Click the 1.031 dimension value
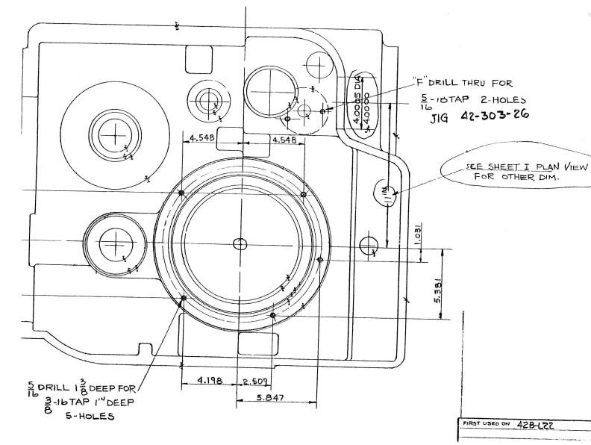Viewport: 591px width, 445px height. [x=419, y=231]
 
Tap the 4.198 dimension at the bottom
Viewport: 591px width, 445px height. [x=208, y=381]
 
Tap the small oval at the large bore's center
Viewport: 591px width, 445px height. [x=240, y=244]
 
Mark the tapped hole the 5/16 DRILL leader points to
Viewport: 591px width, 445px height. [x=184, y=298]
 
